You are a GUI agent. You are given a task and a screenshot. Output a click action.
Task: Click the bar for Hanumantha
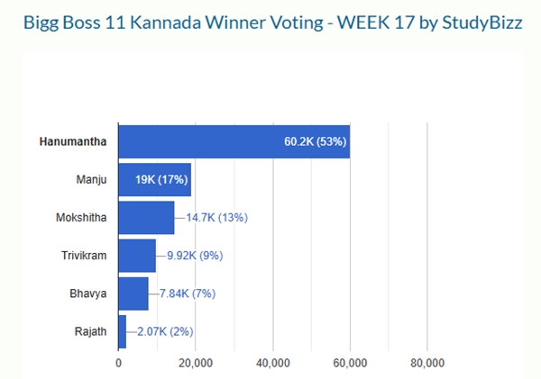click(x=234, y=141)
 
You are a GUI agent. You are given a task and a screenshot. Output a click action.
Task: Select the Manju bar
click(x=154, y=180)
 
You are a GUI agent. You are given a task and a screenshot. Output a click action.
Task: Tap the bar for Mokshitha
click(x=146, y=218)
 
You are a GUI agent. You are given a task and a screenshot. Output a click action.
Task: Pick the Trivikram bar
click(x=137, y=256)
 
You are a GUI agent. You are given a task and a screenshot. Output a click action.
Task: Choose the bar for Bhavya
click(x=133, y=293)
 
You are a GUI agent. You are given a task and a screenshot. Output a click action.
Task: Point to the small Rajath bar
click(x=123, y=331)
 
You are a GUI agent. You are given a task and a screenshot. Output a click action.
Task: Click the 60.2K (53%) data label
click(x=316, y=141)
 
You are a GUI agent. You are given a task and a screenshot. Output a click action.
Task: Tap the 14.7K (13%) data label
click(x=216, y=218)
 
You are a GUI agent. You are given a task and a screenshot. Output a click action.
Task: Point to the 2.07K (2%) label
click(x=165, y=331)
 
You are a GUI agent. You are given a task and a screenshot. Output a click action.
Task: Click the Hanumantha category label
click(x=73, y=141)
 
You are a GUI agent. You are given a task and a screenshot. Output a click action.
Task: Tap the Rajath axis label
click(x=90, y=331)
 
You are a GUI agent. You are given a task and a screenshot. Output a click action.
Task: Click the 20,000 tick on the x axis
click(x=196, y=363)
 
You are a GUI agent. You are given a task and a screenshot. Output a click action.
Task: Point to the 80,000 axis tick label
click(x=427, y=363)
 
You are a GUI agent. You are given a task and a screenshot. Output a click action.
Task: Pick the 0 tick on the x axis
click(x=119, y=363)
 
